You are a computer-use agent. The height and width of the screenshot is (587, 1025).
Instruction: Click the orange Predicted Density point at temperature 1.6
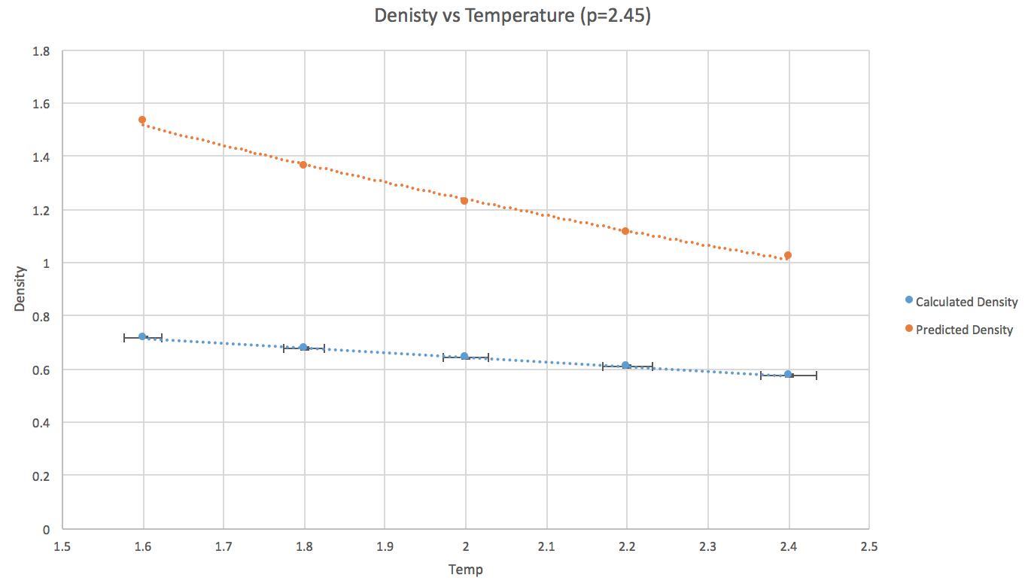(142, 120)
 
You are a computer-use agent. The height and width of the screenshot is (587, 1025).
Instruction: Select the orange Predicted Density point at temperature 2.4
(788, 255)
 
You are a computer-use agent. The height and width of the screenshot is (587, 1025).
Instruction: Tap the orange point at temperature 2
(464, 200)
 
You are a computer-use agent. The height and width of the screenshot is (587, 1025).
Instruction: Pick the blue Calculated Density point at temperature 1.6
(142, 336)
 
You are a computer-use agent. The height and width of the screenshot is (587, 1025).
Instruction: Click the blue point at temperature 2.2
(625, 365)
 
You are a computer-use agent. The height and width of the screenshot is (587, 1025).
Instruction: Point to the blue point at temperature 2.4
(788, 374)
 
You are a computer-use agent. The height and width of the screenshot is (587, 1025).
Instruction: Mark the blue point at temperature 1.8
(303, 347)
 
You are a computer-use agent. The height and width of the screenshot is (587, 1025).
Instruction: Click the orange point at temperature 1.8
(303, 164)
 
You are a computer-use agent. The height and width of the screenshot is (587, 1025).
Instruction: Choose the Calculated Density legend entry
(966, 302)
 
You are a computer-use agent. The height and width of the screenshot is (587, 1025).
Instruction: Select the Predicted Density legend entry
(963, 330)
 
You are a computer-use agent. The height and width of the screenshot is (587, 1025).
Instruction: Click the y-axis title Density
(20, 290)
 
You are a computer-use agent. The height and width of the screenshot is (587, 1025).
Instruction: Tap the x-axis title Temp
(465, 570)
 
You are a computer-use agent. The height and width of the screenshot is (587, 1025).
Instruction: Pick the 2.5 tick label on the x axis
(868, 545)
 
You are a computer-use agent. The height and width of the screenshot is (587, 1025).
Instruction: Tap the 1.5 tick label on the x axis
(62, 545)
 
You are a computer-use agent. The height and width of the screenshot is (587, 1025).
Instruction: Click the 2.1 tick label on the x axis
(546, 545)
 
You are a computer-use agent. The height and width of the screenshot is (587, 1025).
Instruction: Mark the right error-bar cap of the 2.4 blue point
(816, 375)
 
